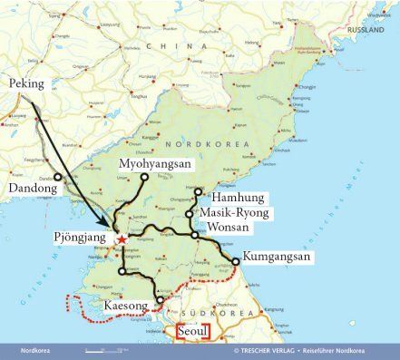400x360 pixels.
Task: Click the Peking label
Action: click(26, 83)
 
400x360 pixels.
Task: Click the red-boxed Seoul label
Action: click(193, 333)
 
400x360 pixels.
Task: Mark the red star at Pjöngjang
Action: click(122, 239)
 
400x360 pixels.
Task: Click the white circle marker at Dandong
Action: click(57, 177)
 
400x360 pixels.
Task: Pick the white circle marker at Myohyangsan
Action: click(144, 178)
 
